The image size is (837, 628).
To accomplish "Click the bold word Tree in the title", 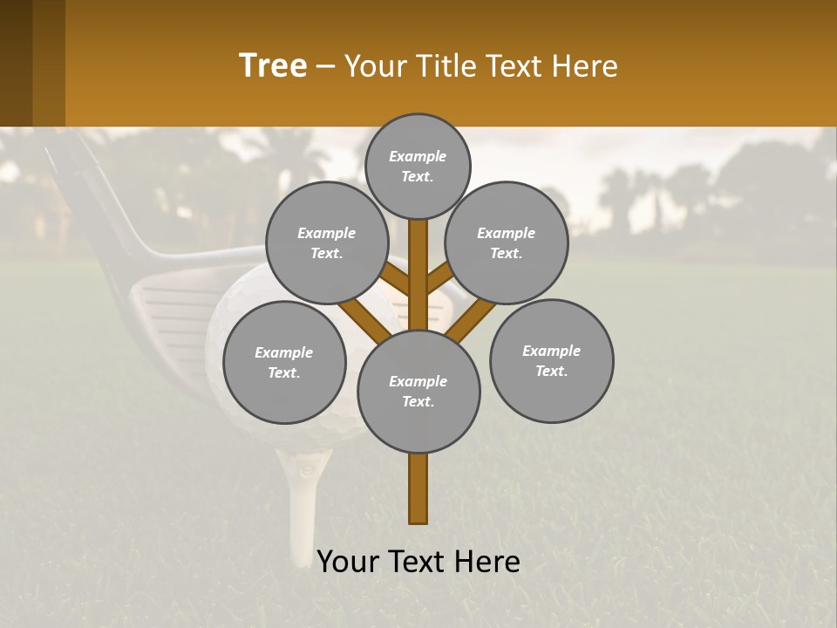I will click(x=273, y=66).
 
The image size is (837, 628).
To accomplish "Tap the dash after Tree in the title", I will click(x=325, y=67).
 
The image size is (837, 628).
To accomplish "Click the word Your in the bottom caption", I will click(x=347, y=562).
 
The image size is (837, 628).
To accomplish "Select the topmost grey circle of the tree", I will click(x=418, y=166).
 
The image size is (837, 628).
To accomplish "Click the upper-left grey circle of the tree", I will click(x=327, y=242).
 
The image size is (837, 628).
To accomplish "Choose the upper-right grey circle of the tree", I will click(x=507, y=242).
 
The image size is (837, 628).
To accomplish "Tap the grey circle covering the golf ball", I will click(x=284, y=362).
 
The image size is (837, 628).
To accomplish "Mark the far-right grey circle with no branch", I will click(x=552, y=360).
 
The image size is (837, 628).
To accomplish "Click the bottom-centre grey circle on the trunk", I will click(x=418, y=392).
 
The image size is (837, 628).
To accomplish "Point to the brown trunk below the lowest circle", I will click(x=418, y=488).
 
